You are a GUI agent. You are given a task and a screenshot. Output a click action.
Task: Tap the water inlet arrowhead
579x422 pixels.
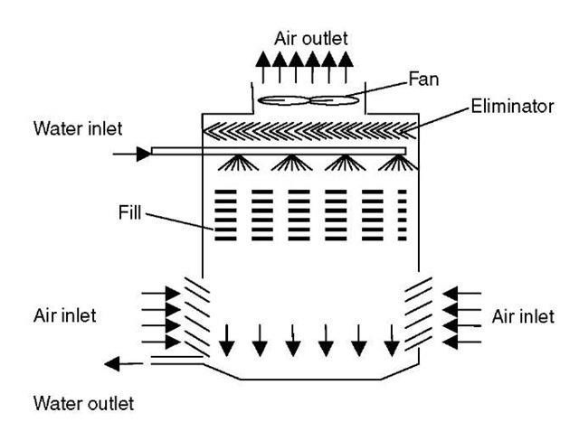(142, 154)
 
